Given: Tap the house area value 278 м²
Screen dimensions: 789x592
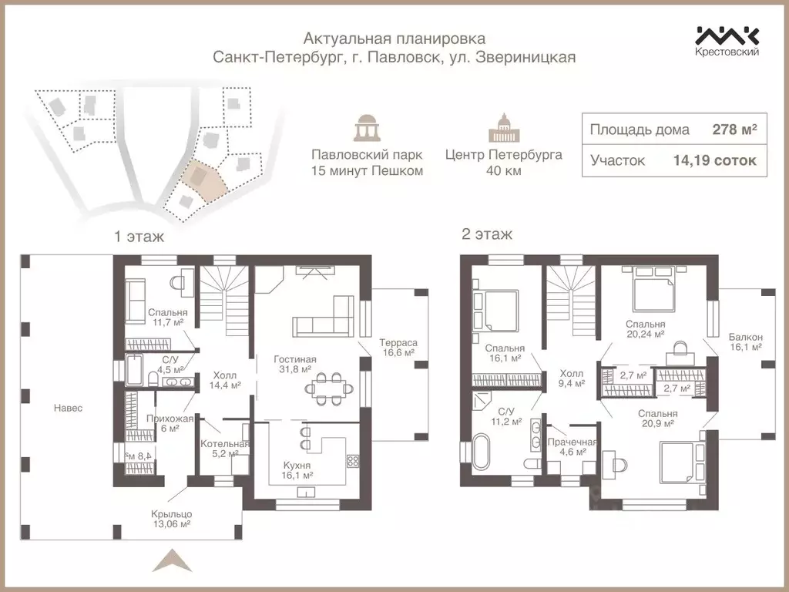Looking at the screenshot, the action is (x=734, y=129).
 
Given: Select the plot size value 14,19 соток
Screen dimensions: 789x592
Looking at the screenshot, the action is (x=714, y=160).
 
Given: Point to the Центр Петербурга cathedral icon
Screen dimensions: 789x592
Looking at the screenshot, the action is (x=503, y=128).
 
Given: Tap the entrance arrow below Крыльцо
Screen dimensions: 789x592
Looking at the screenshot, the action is (x=173, y=561).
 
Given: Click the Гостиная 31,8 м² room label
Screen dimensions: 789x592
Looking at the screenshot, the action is (x=295, y=364).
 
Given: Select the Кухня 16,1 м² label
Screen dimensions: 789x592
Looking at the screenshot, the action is (x=297, y=470).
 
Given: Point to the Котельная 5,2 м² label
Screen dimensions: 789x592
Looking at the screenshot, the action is (x=225, y=449).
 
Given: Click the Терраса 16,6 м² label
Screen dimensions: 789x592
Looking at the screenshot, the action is (x=398, y=348).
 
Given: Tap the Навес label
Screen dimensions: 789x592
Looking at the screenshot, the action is (x=68, y=409).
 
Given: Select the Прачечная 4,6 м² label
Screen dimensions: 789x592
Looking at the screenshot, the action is (x=572, y=447).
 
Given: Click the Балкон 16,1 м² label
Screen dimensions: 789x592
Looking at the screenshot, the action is (x=746, y=341).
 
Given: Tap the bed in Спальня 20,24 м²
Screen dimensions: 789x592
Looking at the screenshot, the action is (x=653, y=289).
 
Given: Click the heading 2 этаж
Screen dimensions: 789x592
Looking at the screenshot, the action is (x=487, y=234).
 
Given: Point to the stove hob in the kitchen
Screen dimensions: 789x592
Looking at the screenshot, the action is (x=353, y=461).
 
